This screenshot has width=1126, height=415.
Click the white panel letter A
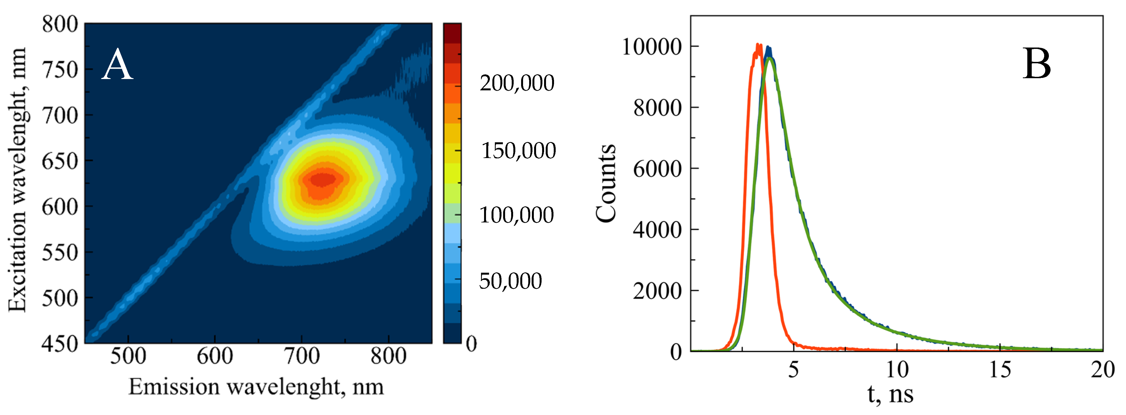[117, 65]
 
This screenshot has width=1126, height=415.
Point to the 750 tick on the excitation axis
[60, 69]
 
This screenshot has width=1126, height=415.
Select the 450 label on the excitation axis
[60, 344]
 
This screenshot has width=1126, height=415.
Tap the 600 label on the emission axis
[215, 356]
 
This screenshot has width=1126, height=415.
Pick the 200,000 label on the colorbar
[517, 83]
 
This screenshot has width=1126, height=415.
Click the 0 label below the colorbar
[471, 344]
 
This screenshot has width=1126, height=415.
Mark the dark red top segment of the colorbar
[452, 33]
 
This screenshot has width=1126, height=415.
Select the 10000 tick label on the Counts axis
[652, 46]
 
